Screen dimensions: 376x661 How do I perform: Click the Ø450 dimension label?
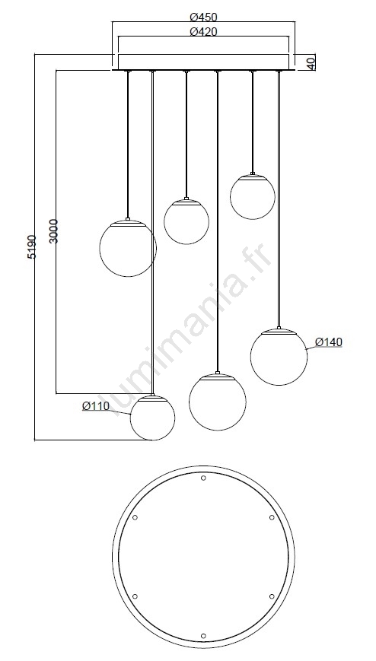pos(203,17)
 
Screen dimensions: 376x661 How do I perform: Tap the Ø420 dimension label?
pos(203,32)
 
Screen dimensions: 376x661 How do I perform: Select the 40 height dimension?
pos(311,63)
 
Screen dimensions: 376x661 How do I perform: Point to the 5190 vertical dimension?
pos(32,247)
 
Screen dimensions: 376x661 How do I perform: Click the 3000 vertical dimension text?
pos(54,231)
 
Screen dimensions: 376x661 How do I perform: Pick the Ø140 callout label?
pos(329,342)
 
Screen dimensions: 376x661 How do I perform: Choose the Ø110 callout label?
pos(96,406)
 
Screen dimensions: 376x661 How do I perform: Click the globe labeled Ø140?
pos(279,357)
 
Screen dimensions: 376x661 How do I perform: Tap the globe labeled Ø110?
pos(152,418)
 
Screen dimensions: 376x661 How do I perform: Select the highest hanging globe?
pos(253,197)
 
